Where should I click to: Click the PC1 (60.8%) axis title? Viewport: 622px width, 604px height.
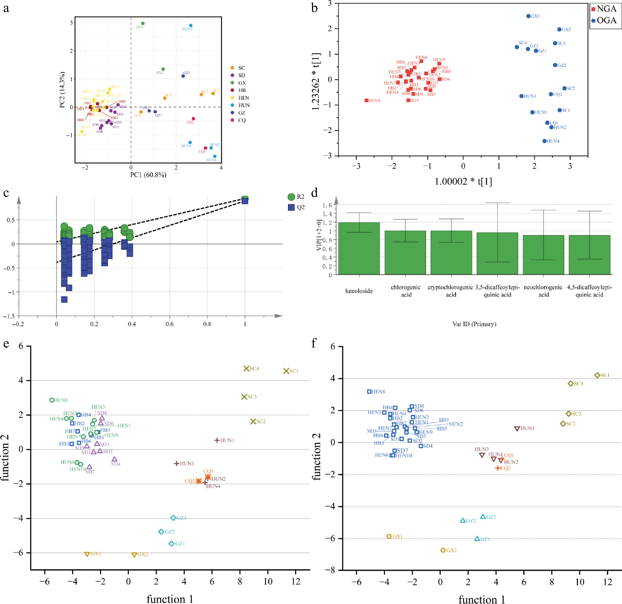[x=148, y=175]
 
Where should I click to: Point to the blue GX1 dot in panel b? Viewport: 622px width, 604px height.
[x=528, y=16]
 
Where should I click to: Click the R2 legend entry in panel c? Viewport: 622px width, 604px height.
[x=296, y=197]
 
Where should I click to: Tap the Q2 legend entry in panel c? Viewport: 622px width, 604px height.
[x=296, y=208]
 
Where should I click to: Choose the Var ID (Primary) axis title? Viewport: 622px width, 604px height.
[x=474, y=324]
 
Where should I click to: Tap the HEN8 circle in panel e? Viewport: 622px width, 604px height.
[x=52, y=400]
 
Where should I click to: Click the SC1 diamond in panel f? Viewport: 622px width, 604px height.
[x=597, y=375]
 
